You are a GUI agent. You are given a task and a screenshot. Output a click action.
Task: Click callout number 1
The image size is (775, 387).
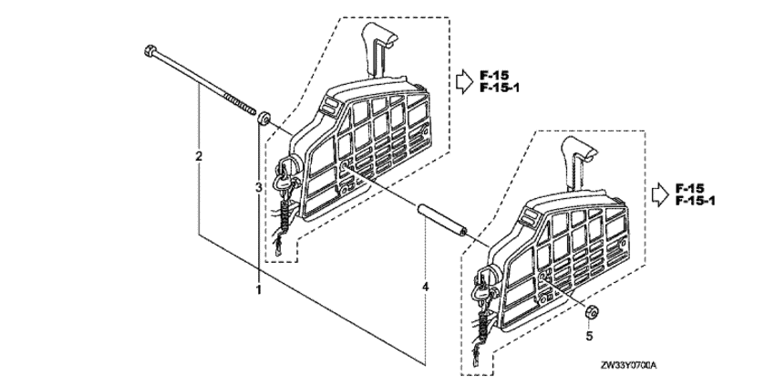[258, 289]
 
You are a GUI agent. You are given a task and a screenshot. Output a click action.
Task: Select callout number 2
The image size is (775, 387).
[199, 156]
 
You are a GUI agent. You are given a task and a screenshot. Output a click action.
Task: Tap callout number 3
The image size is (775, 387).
[258, 187]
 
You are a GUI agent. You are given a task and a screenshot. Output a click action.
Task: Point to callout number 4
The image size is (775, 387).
[426, 286]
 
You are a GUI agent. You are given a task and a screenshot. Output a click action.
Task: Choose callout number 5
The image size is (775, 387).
[589, 336]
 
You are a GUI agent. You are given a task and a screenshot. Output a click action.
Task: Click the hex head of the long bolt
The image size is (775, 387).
[150, 50]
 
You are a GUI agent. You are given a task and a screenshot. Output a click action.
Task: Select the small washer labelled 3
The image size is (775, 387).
[263, 119]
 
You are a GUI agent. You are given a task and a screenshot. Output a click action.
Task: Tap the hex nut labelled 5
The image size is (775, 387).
[591, 312]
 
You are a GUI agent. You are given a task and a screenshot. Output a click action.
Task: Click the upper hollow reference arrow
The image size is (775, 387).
[465, 81]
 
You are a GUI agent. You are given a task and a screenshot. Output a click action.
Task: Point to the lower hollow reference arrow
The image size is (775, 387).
[660, 194]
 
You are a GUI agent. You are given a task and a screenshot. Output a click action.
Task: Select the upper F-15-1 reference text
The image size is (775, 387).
[500, 89]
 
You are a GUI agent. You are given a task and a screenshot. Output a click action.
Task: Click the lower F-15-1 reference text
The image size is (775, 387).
[695, 201]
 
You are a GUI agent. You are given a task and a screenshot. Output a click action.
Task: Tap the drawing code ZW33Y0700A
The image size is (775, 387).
[629, 366]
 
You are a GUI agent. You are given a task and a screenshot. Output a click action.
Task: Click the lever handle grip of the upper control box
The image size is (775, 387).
[379, 35]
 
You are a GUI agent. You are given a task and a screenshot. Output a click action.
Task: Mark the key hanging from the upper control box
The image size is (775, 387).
[284, 184]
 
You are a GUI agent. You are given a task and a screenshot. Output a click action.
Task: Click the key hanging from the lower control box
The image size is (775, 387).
[480, 294]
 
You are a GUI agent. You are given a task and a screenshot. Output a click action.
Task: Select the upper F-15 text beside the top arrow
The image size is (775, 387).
[492, 76]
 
